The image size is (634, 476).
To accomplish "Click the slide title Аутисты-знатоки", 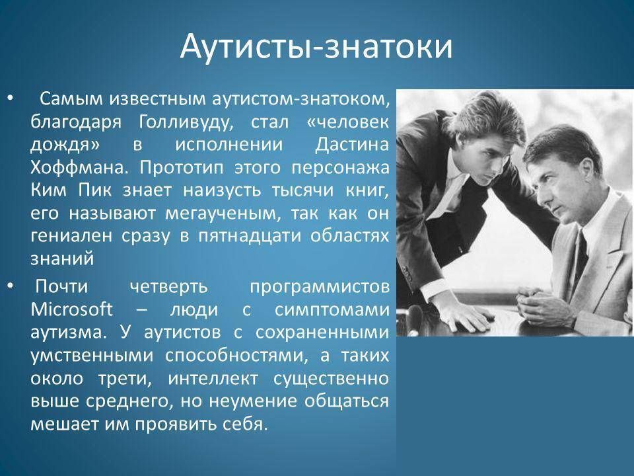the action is [316, 46].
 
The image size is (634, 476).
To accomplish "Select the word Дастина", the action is [352, 145].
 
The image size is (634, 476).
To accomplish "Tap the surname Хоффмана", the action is [79, 167].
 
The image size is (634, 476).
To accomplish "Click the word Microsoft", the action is [71, 309].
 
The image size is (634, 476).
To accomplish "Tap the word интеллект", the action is [213, 379].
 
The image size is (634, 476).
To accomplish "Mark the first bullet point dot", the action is [11, 99].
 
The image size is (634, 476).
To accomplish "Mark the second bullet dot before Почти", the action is [11, 286].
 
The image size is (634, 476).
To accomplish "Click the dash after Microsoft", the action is [141, 311].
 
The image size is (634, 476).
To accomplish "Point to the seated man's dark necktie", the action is [580, 259].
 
